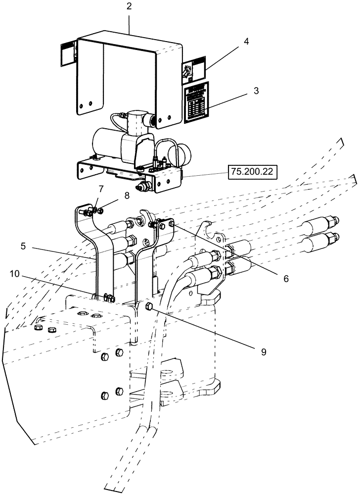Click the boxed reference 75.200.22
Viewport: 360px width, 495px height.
coord(252,172)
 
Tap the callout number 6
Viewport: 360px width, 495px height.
coord(286,279)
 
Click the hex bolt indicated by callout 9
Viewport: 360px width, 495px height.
coord(149,308)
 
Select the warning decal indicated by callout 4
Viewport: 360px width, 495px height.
coord(190,71)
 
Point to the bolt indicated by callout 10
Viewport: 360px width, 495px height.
coord(110,298)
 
